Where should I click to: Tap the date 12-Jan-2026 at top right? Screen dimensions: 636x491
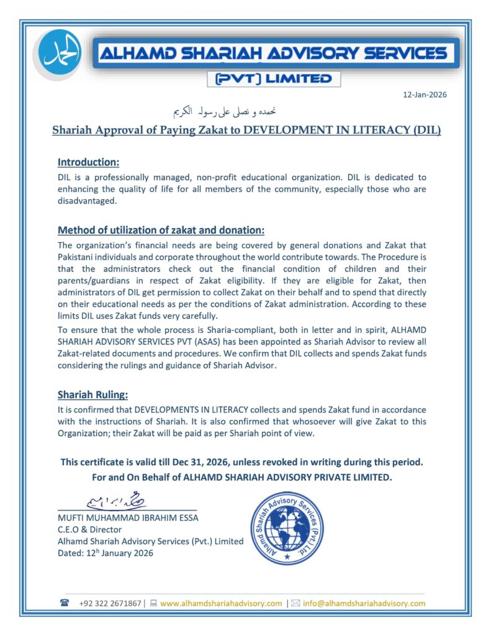click(425, 95)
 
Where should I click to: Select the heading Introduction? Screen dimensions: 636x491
click(88, 162)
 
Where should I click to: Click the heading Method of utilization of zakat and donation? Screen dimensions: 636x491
click(161, 230)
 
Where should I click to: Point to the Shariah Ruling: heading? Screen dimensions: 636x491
click(93, 394)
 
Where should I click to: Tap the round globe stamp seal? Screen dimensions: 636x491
click(287, 527)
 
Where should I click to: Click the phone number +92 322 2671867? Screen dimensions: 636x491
click(110, 603)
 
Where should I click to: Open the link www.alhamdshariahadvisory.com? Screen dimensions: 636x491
click(221, 603)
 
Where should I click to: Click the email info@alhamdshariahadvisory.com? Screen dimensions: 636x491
click(364, 603)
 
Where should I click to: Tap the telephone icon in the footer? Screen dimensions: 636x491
click(65, 603)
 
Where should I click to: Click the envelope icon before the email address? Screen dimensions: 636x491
click(295, 603)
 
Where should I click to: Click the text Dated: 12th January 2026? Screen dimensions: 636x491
click(105, 553)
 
